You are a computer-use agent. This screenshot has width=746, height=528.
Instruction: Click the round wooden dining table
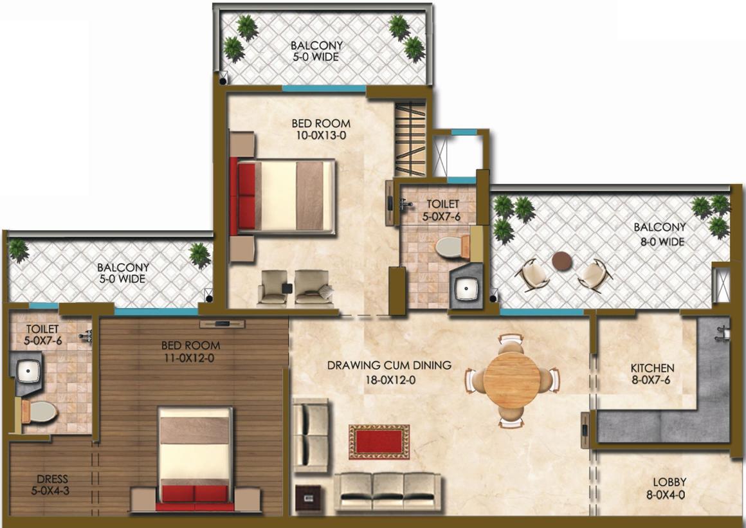pyautogui.click(x=512, y=379)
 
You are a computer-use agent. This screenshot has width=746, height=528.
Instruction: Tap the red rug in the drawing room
pyautogui.click(x=379, y=442)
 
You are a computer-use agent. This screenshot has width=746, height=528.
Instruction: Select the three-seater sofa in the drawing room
pyautogui.click(x=387, y=492)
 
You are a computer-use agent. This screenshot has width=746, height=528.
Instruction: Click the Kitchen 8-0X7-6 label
pyautogui.click(x=652, y=374)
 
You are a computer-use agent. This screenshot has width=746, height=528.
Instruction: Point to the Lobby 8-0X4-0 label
pyautogui.click(x=666, y=489)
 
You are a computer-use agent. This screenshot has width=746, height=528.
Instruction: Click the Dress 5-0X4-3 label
pyautogui.click(x=51, y=485)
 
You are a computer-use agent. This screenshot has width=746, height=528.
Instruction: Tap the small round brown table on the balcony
pyautogui.click(x=562, y=261)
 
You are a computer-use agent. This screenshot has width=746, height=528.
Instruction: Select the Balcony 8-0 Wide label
pyautogui.click(x=660, y=234)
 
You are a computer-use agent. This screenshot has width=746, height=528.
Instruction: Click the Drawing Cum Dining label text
pyautogui.click(x=389, y=365)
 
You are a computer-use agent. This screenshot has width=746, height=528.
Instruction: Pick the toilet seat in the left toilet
pyautogui.click(x=39, y=412)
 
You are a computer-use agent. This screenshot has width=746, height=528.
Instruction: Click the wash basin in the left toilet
pyautogui.click(x=28, y=370)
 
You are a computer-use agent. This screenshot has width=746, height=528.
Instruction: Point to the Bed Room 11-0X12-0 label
pyautogui.click(x=190, y=352)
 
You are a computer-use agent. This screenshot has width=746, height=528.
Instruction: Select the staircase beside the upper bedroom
pyautogui.click(x=410, y=140)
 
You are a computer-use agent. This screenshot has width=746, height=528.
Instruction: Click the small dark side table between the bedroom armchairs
pyautogui.click(x=288, y=288)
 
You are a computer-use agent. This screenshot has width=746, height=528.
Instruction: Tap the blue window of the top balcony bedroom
pyautogui.click(x=324, y=89)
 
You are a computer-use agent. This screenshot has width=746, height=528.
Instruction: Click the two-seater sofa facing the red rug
pyautogui.click(x=311, y=435)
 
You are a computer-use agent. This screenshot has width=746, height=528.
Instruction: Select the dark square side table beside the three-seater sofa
pyautogui.click(x=308, y=499)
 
